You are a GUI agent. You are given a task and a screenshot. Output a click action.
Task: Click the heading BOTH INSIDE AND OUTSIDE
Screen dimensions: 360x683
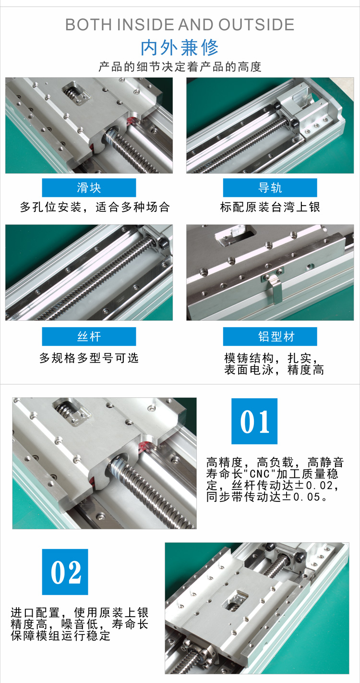(180, 24)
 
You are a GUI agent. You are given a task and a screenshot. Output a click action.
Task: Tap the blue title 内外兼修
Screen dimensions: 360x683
(180, 48)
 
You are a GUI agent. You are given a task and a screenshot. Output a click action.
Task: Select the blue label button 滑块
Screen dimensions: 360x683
(89, 187)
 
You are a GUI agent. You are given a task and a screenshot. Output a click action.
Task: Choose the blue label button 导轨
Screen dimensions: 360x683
(270, 187)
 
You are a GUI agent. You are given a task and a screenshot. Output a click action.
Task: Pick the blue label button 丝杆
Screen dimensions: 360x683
(89, 336)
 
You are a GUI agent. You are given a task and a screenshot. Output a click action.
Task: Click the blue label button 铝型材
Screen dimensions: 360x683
(270, 336)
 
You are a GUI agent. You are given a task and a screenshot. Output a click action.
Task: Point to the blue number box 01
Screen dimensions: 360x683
(254, 421)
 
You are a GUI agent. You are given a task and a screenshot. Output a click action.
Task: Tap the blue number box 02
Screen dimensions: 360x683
(65, 572)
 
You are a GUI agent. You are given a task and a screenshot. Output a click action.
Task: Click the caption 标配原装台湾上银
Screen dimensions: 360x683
(270, 207)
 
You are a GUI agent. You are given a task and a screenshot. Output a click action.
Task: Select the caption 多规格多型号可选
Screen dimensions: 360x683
(89, 358)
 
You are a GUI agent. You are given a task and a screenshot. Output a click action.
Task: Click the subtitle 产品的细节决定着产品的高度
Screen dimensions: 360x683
(180, 67)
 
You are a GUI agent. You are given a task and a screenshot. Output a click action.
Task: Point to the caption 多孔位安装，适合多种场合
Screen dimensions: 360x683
(95, 207)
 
